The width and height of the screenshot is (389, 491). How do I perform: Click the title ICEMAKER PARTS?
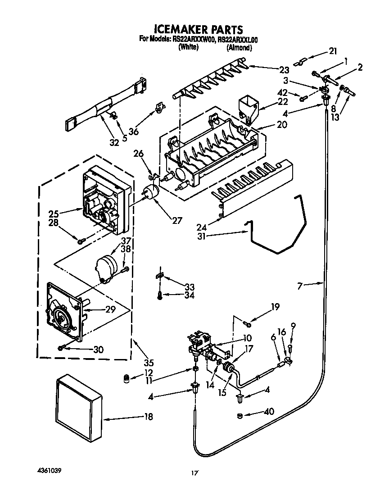click(199, 30)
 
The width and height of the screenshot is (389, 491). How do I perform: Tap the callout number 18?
click(148, 417)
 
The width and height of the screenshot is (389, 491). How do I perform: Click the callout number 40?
click(270, 411)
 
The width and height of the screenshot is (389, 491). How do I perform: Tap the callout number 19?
click(275, 308)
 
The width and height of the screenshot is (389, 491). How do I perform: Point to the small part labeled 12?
click(127, 378)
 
